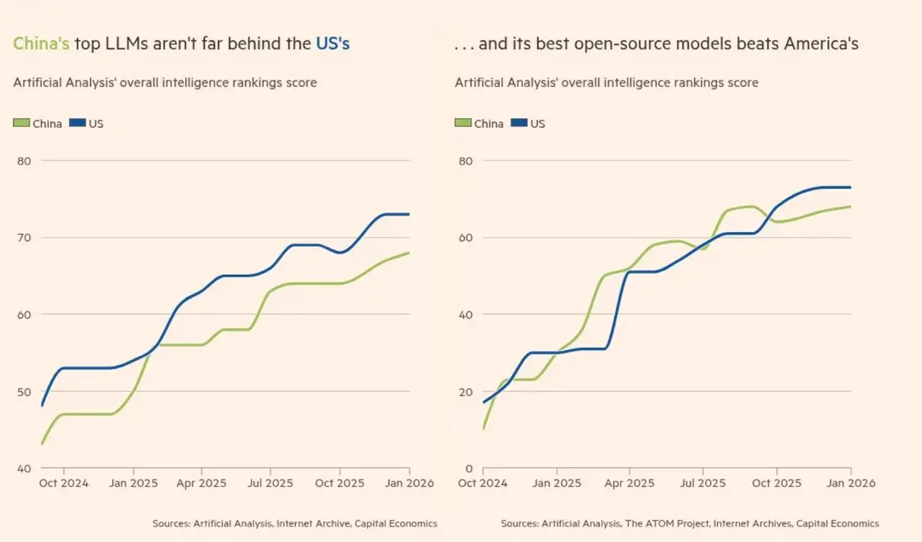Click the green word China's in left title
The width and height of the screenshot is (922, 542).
pyautogui.click(x=41, y=43)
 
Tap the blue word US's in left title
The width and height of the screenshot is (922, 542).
pyautogui.click(x=333, y=43)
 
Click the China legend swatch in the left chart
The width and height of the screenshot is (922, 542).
pyautogui.click(x=21, y=124)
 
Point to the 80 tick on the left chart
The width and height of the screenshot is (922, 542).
pyautogui.click(x=24, y=161)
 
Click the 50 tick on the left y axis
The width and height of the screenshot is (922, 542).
pyautogui.click(x=24, y=392)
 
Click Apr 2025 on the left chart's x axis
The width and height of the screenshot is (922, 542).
pyautogui.click(x=202, y=484)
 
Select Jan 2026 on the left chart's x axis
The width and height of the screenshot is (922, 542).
pyautogui.click(x=411, y=484)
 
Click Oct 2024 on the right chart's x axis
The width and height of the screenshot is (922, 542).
pyautogui.click(x=483, y=484)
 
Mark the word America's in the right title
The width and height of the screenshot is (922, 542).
pyautogui.click(x=820, y=43)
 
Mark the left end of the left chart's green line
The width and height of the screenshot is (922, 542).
pyautogui.click(x=41, y=444)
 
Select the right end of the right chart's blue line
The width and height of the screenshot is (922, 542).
pyautogui.click(x=851, y=188)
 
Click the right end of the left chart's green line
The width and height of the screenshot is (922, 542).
pyautogui.click(x=409, y=253)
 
